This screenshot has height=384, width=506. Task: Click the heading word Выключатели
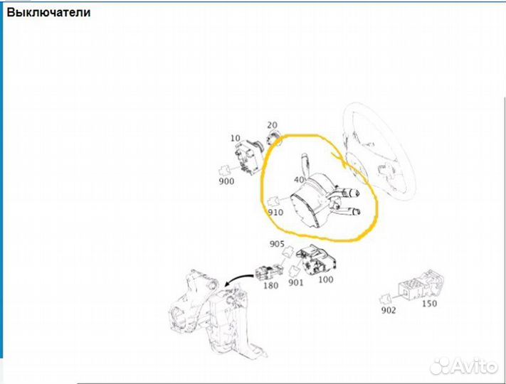click(48, 13)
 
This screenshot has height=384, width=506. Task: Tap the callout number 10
click(236, 139)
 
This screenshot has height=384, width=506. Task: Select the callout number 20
click(272, 125)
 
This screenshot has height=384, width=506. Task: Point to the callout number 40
click(299, 180)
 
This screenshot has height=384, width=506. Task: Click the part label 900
click(226, 181)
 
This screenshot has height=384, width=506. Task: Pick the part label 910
click(275, 213)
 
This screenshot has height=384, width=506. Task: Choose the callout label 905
click(277, 244)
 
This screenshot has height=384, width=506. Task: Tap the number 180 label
click(270, 286)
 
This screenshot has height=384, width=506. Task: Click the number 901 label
click(295, 283)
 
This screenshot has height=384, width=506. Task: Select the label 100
click(326, 279)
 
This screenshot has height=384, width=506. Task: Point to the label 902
click(388, 310)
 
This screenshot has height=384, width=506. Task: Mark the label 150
click(430, 304)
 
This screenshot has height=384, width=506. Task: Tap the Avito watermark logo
click(464, 366)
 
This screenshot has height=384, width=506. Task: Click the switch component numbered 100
click(316, 260)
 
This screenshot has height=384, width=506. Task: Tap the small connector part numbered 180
click(268, 272)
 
